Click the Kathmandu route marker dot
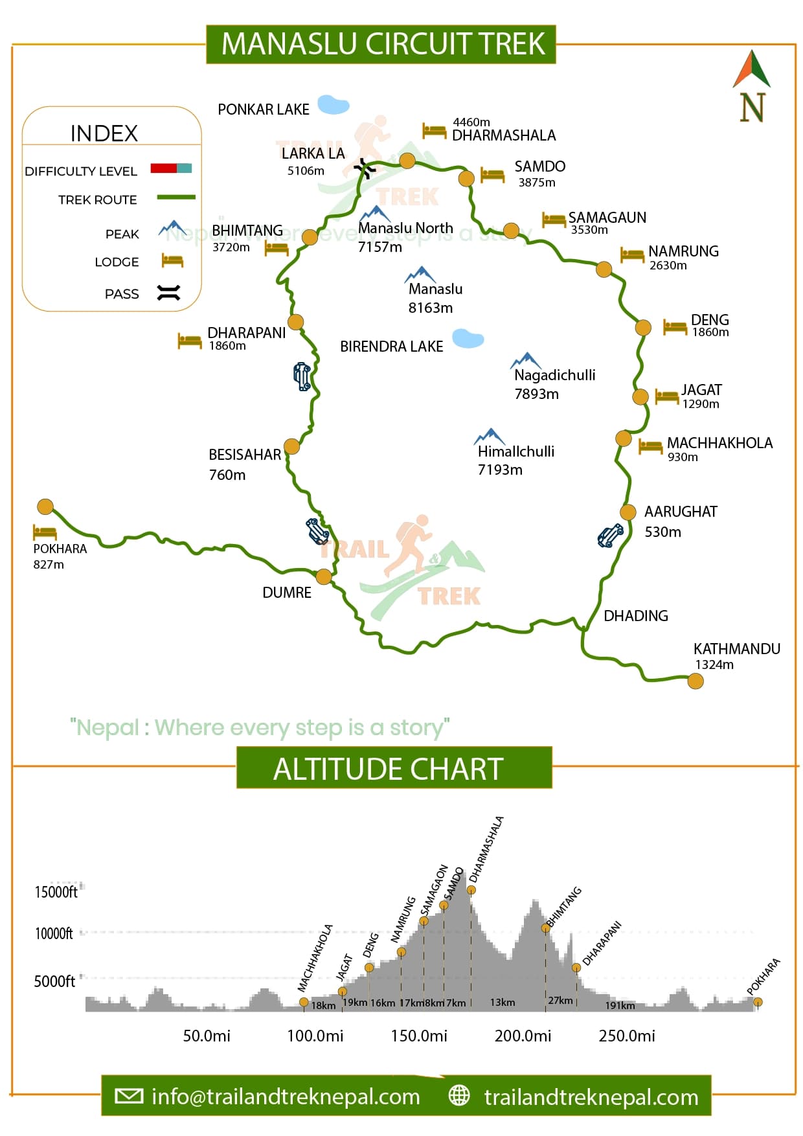(x=695, y=681)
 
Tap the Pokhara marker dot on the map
(x=45, y=506)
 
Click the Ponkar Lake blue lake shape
(x=333, y=104)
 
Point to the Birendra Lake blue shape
(x=468, y=338)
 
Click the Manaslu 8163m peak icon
(x=420, y=274)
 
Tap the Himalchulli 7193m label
(x=515, y=460)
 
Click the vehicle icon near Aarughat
(x=610, y=536)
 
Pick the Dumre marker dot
(x=324, y=576)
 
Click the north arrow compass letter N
(x=752, y=108)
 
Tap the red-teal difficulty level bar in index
(x=171, y=168)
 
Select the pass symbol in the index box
(x=168, y=293)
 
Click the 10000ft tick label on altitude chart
(x=54, y=933)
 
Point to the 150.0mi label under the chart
(x=418, y=1036)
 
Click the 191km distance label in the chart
(x=620, y=1005)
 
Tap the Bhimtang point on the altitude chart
(x=545, y=928)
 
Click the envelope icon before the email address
(x=128, y=1096)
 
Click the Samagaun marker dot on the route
(x=511, y=231)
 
